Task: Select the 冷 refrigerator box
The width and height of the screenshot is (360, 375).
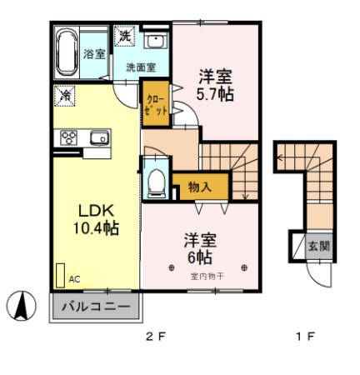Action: [x=64, y=95]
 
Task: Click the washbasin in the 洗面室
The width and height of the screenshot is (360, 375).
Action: [x=154, y=44]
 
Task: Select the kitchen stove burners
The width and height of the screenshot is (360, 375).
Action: [x=67, y=137]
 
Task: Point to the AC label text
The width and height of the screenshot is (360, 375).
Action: [x=74, y=279]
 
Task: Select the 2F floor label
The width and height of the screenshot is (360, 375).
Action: [x=155, y=337]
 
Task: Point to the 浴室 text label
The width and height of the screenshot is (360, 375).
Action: [x=93, y=54]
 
